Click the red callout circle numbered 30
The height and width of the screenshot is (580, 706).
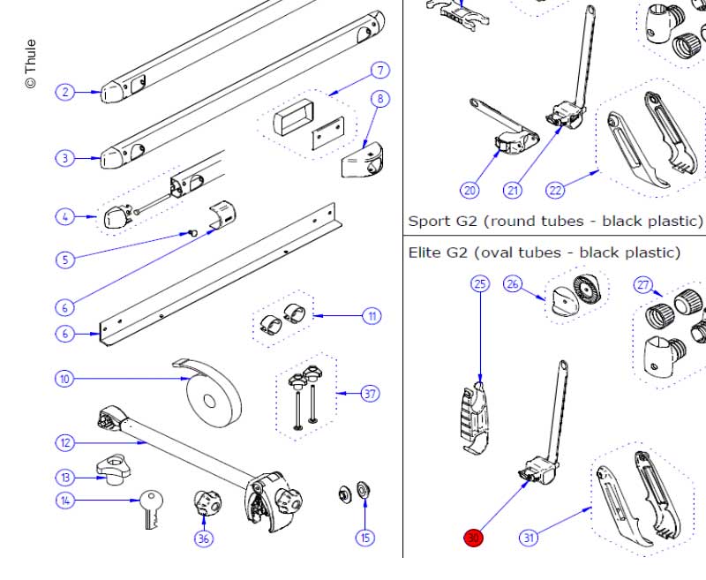pyautogui.click(x=474, y=538)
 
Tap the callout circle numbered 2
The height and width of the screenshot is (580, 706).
pyautogui.click(x=64, y=91)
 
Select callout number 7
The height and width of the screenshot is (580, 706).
pyautogui.click(x=379, y=70)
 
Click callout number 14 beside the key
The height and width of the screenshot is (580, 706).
pyautogui.click(x=64, y=501)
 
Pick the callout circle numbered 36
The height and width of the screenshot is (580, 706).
pyautogui.click(x=204, y=538)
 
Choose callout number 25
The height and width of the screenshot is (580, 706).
pyautogui.click(x=480, y=283)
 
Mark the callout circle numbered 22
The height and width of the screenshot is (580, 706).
pyautogui.click(x=555, y=189)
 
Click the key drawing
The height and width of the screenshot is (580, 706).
pyautogui.click(x=149, y=509)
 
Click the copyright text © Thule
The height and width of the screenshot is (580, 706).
pyautogui.click(x=31, y=63)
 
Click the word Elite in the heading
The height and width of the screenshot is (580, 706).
pyautogui.click(x=425, y=253)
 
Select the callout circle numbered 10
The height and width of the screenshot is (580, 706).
pyautogui.click(x=64, y=379)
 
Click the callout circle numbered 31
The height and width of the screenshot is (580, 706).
pyautogui.click(x=529, y=538)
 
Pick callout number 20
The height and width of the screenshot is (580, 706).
pyautogui.click(x=469, y=189)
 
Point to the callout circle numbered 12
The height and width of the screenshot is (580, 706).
pyautogui.click(x=64, y=442)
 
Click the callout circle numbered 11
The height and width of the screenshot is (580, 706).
pyautogui.click(x=372, y=315)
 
